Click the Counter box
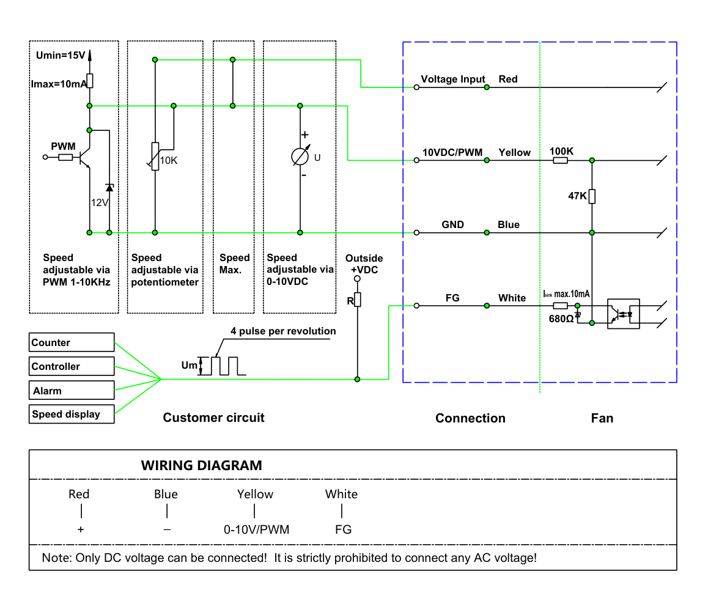coord(72,342)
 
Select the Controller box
coord(72,366)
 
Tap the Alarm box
coord(72,390)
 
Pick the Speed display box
coord(72,414)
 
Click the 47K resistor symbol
coord(592,196)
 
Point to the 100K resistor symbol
coord(561,160)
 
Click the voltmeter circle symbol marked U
coord(300,157)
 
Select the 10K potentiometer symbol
coord(155,157)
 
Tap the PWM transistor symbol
coord(84,158)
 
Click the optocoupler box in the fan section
coord(624,314)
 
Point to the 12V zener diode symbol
coord(109,188)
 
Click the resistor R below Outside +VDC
coord(358,300)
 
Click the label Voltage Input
coord(453,79)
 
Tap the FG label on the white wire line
coord(452,298)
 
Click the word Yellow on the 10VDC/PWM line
coord(514,153)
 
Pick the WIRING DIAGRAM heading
coord(201,465)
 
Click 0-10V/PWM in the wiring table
coord(256,529)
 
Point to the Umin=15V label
coord(61,55)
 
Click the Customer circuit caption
coord(213,418)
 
